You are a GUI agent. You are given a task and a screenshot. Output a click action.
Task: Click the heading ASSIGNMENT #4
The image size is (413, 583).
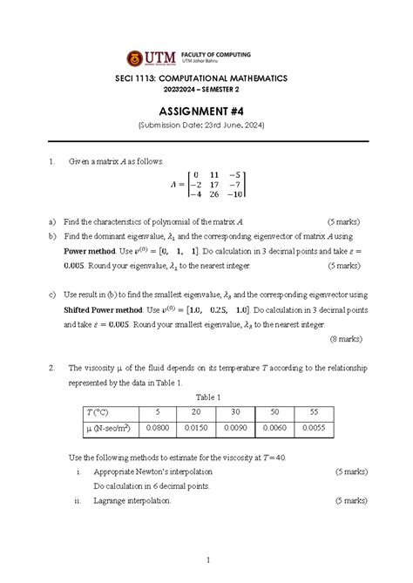click(206, 112)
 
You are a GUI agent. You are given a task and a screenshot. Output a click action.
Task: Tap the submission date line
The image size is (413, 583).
click(206, 126)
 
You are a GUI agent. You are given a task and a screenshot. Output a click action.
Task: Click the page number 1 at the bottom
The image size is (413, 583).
click(206, 559)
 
